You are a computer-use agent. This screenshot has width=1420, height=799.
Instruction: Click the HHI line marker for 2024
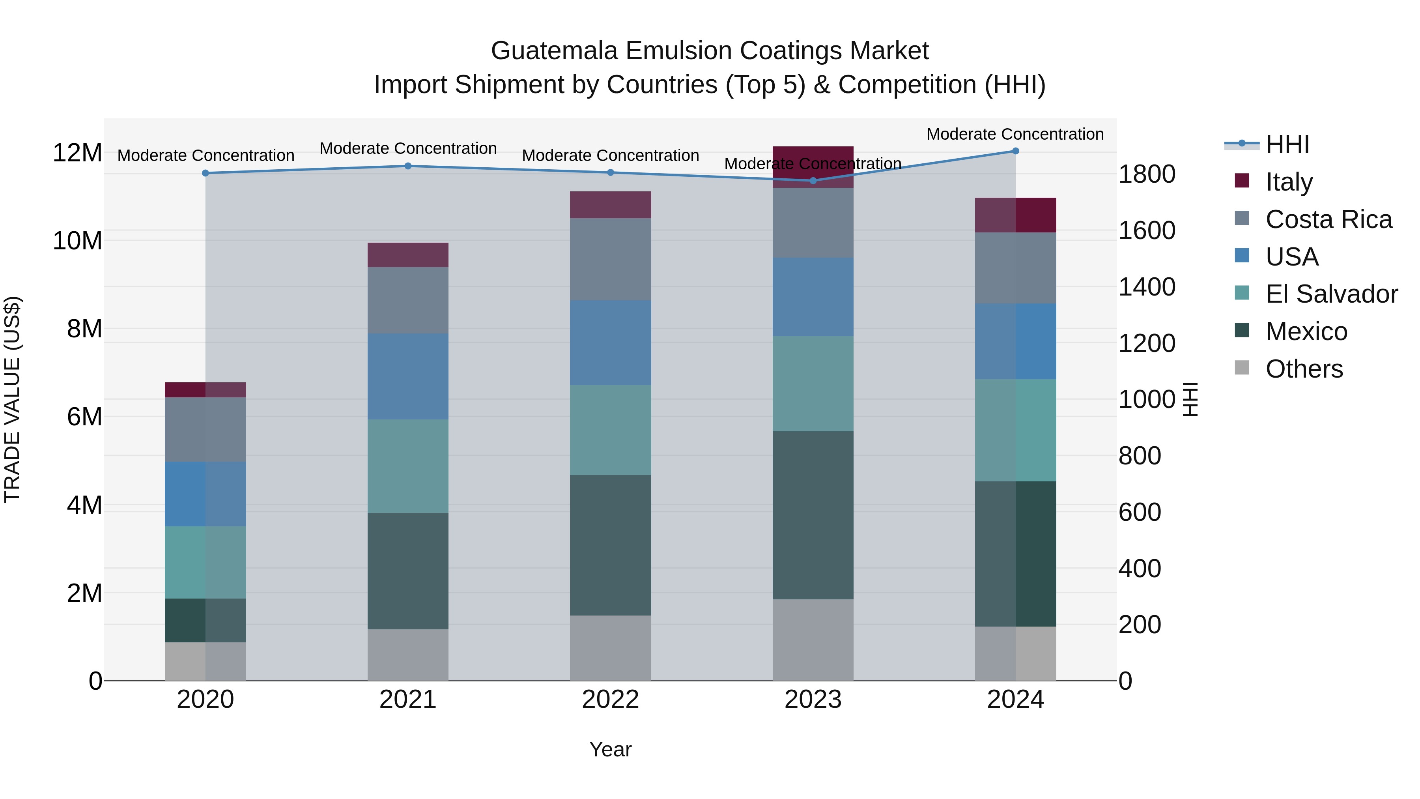pos(1015,151)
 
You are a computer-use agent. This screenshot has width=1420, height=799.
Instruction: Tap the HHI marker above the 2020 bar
pos(206,173)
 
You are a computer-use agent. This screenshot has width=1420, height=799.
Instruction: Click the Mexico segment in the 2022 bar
pos(610,545)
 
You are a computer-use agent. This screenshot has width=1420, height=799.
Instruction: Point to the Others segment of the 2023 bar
pos(813,640)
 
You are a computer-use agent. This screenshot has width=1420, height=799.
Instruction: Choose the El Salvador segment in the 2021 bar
pos(408,466)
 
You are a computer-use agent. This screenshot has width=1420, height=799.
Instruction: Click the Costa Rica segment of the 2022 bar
pos(610,259)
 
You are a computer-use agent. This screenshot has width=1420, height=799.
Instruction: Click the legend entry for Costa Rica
pos(1328,219)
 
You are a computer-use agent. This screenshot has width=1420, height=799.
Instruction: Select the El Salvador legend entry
pos(1331,294)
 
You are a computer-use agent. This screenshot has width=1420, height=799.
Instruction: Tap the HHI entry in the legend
pos(1287,144)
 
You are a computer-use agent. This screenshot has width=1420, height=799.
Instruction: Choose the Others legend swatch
pos(1242,368)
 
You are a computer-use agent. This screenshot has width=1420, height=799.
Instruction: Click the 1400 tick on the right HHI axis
pos(1147,287)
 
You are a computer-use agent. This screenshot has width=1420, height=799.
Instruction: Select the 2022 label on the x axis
pos(610,700)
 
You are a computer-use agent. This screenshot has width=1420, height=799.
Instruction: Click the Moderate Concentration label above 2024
pos(1015,134)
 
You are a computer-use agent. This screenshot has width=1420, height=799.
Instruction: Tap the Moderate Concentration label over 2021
pos(408,148)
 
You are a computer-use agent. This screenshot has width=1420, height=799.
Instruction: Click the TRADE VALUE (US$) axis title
pos(12,399)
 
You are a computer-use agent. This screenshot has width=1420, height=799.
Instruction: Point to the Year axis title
pos(610,749)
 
